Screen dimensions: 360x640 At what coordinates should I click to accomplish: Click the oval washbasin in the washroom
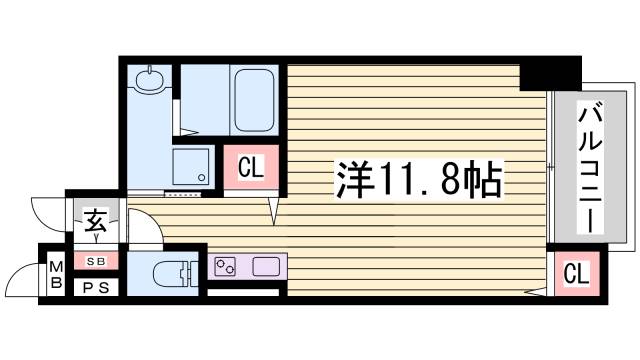pyautogui.click(x=150, y=79)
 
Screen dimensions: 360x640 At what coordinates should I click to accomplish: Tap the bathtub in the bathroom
pyautogui.click(x=256, y=103)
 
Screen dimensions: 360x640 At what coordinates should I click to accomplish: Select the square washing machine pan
pyautogui.click(x=191, y=166)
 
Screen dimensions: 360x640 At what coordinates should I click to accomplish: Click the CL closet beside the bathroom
pyautogui.click(x=250, y=167)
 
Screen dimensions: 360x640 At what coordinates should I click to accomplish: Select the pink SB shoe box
pyautogui.click(x=95, y=261)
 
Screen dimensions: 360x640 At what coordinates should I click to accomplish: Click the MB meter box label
pyautogui.click(x=56, y=274)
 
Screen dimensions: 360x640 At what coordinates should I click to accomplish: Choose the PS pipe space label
pyautogui.click(x=95, y=287)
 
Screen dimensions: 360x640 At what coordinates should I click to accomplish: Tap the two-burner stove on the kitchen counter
pyautogui.click(x=226, y=267)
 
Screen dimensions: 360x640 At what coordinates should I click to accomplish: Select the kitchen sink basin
pyautogui.click(x=266, y=267)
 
